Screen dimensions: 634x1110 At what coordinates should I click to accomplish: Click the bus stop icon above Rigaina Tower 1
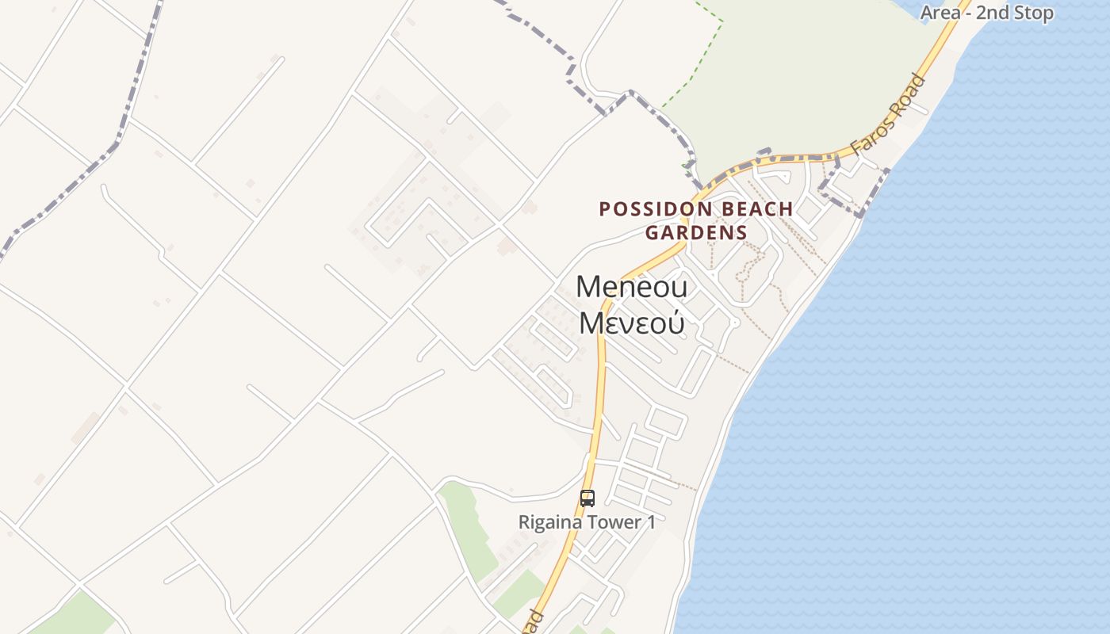[x=587, y=498]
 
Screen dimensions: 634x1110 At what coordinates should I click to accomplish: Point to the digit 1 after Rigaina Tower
[x=651, y=523]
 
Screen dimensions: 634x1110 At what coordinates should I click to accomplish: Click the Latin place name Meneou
[x=632, y=286]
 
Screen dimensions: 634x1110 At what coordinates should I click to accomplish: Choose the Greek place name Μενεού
[x=632, y=323]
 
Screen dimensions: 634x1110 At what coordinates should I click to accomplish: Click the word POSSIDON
[x=655, y=209]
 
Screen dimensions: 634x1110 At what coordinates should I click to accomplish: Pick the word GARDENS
[x=696, y=233]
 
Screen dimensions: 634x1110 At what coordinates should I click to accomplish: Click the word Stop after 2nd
[x=1036, y=13]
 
